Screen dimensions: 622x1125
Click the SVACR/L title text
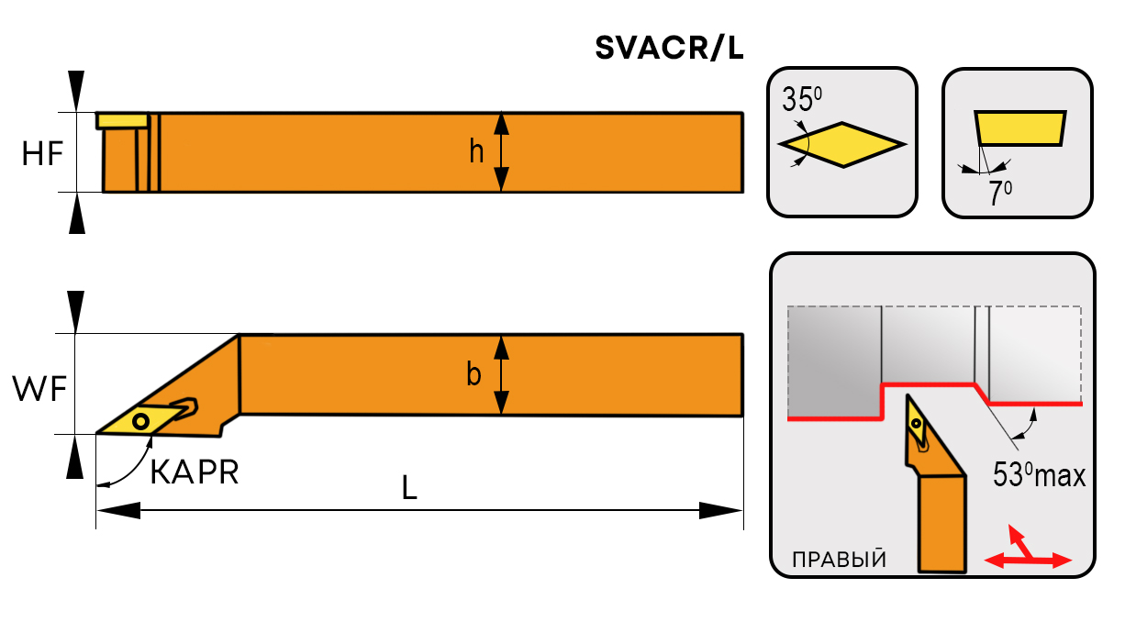click(x=669, y=50)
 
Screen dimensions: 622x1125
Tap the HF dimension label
click(x=43, y=154)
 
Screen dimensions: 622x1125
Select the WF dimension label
click(x=39, y=390)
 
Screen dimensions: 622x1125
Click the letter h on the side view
click(x=476, y=151)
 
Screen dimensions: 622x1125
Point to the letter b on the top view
click(x=473, y=374)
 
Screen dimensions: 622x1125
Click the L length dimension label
click(x=409, y=489)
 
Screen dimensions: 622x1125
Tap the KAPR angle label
click(x=194, y=472)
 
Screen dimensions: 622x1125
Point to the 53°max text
click(x=1039, y=475)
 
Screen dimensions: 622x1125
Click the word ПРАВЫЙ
click(x=839, y=560)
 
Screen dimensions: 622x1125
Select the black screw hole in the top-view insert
click(x=140, y=421)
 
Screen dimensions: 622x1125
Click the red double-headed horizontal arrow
click(x=1027, y=560)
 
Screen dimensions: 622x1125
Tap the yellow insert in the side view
click(x=122, y=120)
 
